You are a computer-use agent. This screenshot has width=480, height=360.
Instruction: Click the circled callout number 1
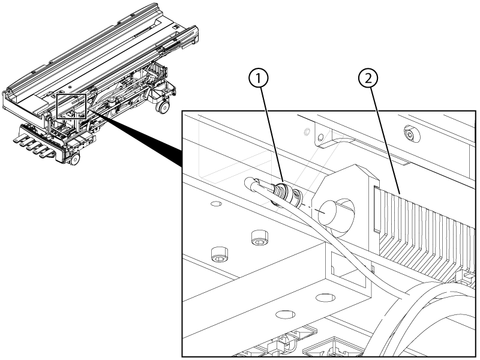(259, 79)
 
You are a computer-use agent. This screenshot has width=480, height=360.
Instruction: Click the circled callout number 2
(368, 79)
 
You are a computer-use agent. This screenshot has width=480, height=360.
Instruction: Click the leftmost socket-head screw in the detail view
(220, 254)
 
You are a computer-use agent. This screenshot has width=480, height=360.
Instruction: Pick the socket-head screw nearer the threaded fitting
(260, 238)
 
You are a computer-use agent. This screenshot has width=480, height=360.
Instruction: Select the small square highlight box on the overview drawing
(72, 106)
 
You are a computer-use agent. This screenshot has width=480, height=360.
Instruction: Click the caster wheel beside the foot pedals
(74, 159)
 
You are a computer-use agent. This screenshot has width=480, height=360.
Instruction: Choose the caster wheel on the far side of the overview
(163, 107)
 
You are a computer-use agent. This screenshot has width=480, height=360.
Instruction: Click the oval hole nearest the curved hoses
(325, 297)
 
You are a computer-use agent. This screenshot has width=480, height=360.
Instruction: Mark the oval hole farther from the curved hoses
(286, 314)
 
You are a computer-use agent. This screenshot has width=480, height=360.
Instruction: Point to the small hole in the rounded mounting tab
(320, 137)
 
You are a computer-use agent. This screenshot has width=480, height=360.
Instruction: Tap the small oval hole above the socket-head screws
(217, 203)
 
